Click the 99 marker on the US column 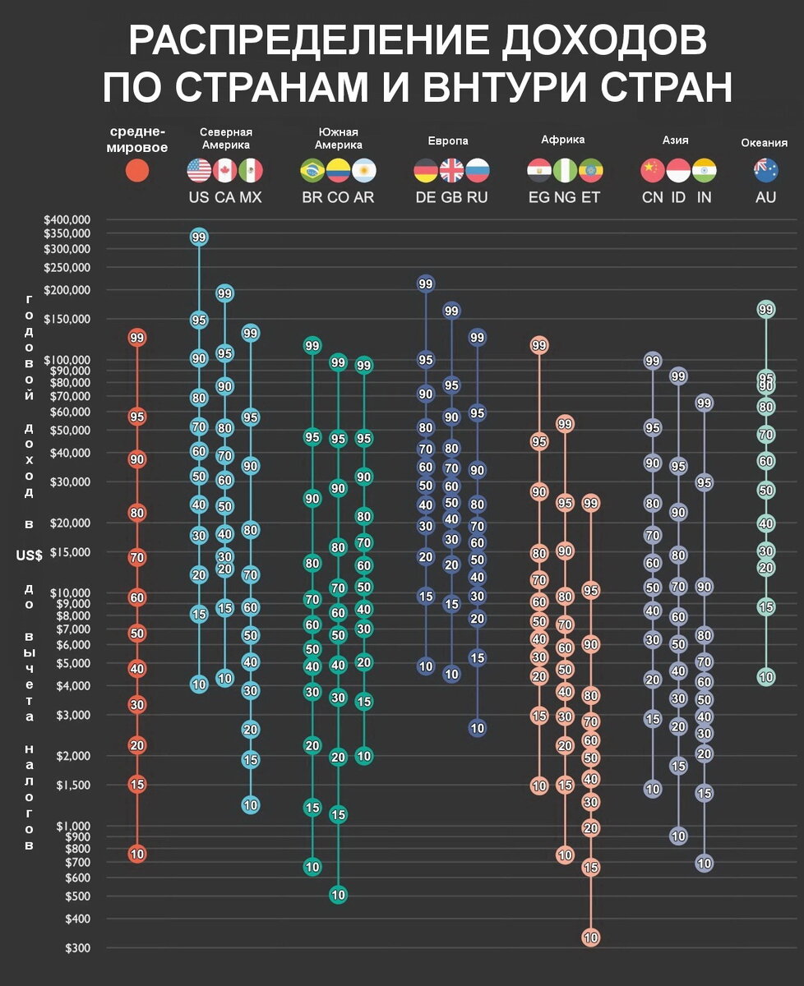tap(198, 237)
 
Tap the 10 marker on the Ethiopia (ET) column tap(590, 937)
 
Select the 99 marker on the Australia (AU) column tap(766, 309)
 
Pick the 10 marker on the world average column tap(137, 854)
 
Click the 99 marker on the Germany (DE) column tap(425, 284)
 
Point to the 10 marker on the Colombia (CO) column tap(338, 895)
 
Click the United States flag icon tap(199, 171)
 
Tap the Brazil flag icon tap(312, 171)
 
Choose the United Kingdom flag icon tap(451, 171)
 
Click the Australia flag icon tap(766, 171)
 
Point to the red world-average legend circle tap(137, 171)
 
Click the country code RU tap(478, 197)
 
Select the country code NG tap(565, 197)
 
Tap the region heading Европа tap(448, 141)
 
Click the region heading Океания tap(765, 143)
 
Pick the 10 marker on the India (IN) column tap(704, 863)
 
